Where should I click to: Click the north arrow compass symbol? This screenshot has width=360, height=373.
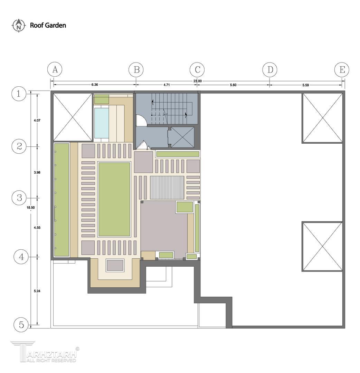pyautogui.click(x=19, y=25)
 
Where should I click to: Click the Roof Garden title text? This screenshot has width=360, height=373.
pyautogui.click(x=48, y=25)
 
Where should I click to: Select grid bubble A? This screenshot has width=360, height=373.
pyautogui.click(x=55, y=70)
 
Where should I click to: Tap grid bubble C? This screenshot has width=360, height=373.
pyautogui.click(x=197, y=70)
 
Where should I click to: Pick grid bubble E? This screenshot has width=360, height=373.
pyautogui.click(x=342, y=70)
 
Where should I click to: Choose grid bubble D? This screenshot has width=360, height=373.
pyautogui.click(x=270, y=70)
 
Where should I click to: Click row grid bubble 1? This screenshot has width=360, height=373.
pyautogui.click(x=19, y=94)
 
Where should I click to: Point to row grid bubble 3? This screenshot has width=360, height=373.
pyautogui.click(x=19, y=198)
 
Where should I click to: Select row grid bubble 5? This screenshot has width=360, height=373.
pyautogui.click(x=21, y=325)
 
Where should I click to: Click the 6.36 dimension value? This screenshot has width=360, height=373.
pyautogui.click(x=94, y=85)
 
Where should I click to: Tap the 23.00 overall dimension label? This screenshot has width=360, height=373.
pyautogui.click(x=197, y=81)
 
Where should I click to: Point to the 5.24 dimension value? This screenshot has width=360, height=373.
pyautogui.click(x=37, y=291)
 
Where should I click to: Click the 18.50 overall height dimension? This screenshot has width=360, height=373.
pyautogui.click(x=31, y=208)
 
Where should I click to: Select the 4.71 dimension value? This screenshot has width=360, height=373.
pyautogui.click(x=167, y=85)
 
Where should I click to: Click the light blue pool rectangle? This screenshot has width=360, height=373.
pyautogui.click(x=102, y=123)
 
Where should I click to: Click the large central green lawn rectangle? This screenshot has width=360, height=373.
pyautogui.click(x=114, y=199)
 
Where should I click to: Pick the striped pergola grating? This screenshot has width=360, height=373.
pyautogui.click(x=167, y=188)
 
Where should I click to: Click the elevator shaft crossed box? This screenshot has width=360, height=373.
pyautogui.click(x=182, y=137)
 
